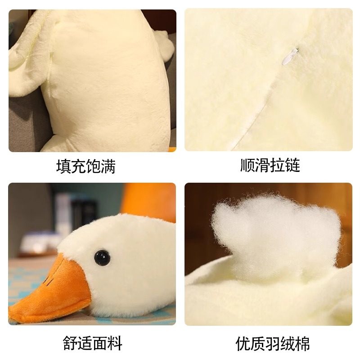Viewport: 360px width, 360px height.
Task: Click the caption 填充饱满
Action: pyautogui.click(x=86, y=166)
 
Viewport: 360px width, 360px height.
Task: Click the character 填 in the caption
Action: pyautogui.click(x=63, y=166)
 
